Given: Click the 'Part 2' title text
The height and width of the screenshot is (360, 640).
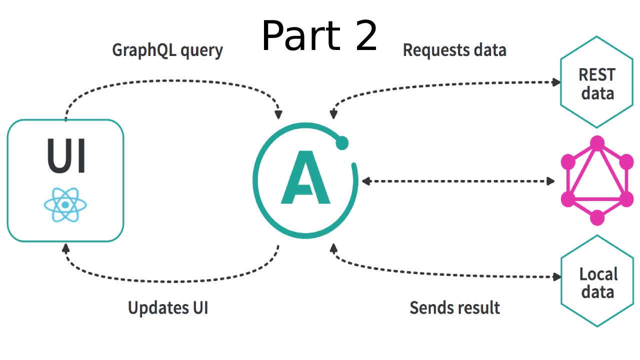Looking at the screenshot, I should (x=319, y=36).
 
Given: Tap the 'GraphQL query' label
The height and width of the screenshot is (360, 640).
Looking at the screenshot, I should (x=167, y=50).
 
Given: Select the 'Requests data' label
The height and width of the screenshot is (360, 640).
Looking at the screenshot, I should (x=454, y=50).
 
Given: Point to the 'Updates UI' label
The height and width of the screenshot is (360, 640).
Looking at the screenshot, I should (x=167, y=307).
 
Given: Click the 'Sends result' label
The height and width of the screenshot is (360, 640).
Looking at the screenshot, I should (x=454, y=307).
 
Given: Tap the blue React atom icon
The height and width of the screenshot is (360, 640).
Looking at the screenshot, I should (x=65, y=205).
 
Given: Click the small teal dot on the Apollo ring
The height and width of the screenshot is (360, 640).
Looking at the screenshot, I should (x=342, y=143).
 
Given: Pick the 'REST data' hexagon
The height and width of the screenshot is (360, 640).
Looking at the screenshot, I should (x=596, y=83).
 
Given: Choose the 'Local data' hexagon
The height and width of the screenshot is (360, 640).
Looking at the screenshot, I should (x=597, y=282).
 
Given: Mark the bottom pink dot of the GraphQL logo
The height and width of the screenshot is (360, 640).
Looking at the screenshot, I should (x=597, y=218).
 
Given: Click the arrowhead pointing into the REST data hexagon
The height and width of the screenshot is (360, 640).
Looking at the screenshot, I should (x=555, y=82).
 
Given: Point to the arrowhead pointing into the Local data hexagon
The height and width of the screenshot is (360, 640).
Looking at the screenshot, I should (x=556, y=277).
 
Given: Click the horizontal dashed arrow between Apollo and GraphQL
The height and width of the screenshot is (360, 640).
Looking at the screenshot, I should (x=457, y=181).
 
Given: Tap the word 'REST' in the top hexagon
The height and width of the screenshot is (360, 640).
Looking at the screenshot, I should (x=596, y=75).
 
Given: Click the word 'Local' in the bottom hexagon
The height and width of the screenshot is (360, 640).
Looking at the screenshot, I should (x=598, y=274).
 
